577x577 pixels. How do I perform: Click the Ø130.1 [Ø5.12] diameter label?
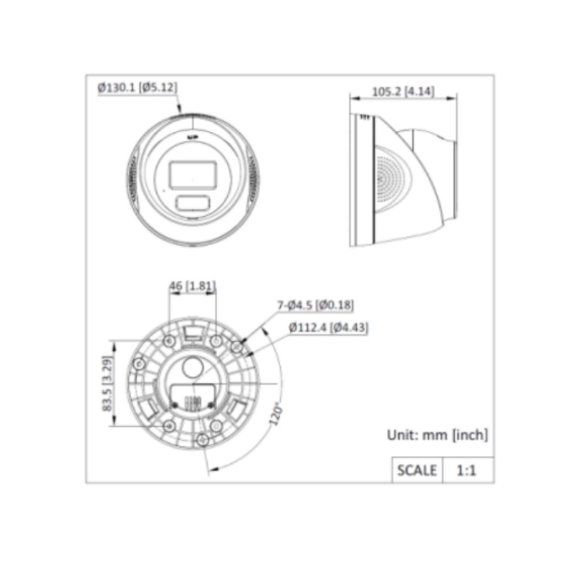coord(137,88)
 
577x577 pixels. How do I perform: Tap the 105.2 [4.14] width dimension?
coord(403,92)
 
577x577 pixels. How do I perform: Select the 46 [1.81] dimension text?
coord(192,286)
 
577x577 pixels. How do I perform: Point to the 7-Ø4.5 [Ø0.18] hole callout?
coord(315,305)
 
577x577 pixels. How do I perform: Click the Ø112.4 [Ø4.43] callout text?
coord(329,327)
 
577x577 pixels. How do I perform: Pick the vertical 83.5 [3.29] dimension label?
coord(107,383)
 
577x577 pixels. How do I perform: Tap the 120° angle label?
coord(276,415)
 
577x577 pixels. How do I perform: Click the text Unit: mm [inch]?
coord(437,435)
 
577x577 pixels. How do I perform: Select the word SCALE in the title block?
coord(417,470)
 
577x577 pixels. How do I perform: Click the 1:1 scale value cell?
coord(468,470)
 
